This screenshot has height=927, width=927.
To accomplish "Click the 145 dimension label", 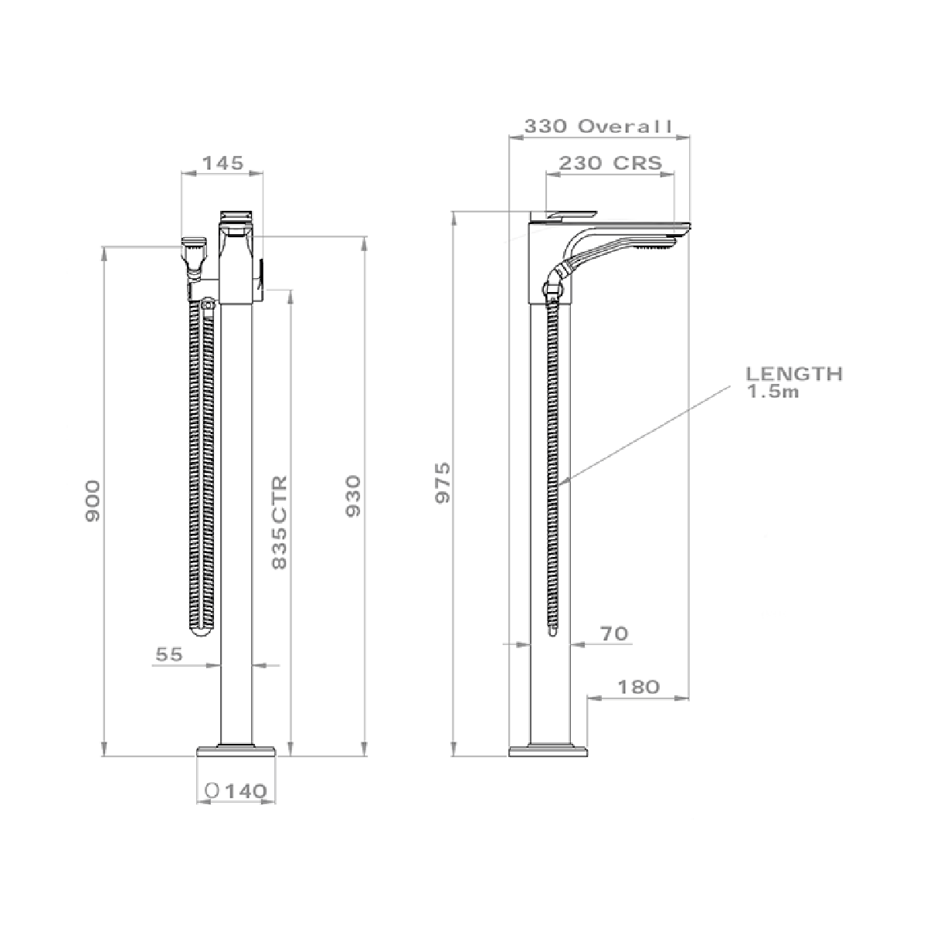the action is coord(222,164).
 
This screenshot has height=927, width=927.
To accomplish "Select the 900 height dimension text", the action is coord(93,501).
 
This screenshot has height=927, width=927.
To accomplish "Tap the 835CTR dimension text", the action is coord(280,522).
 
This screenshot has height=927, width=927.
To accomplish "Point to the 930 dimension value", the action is coord(353,496).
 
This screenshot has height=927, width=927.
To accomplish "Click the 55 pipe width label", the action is coord(169,654).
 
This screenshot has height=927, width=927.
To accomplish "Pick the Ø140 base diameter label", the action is coord(236,791).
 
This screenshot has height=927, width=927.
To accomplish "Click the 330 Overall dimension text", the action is coord(598,127).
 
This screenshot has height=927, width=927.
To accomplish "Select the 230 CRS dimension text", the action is coord(610,163).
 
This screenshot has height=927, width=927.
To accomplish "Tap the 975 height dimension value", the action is coord(443,483).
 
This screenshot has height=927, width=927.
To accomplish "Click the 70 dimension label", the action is coord(614,633).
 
